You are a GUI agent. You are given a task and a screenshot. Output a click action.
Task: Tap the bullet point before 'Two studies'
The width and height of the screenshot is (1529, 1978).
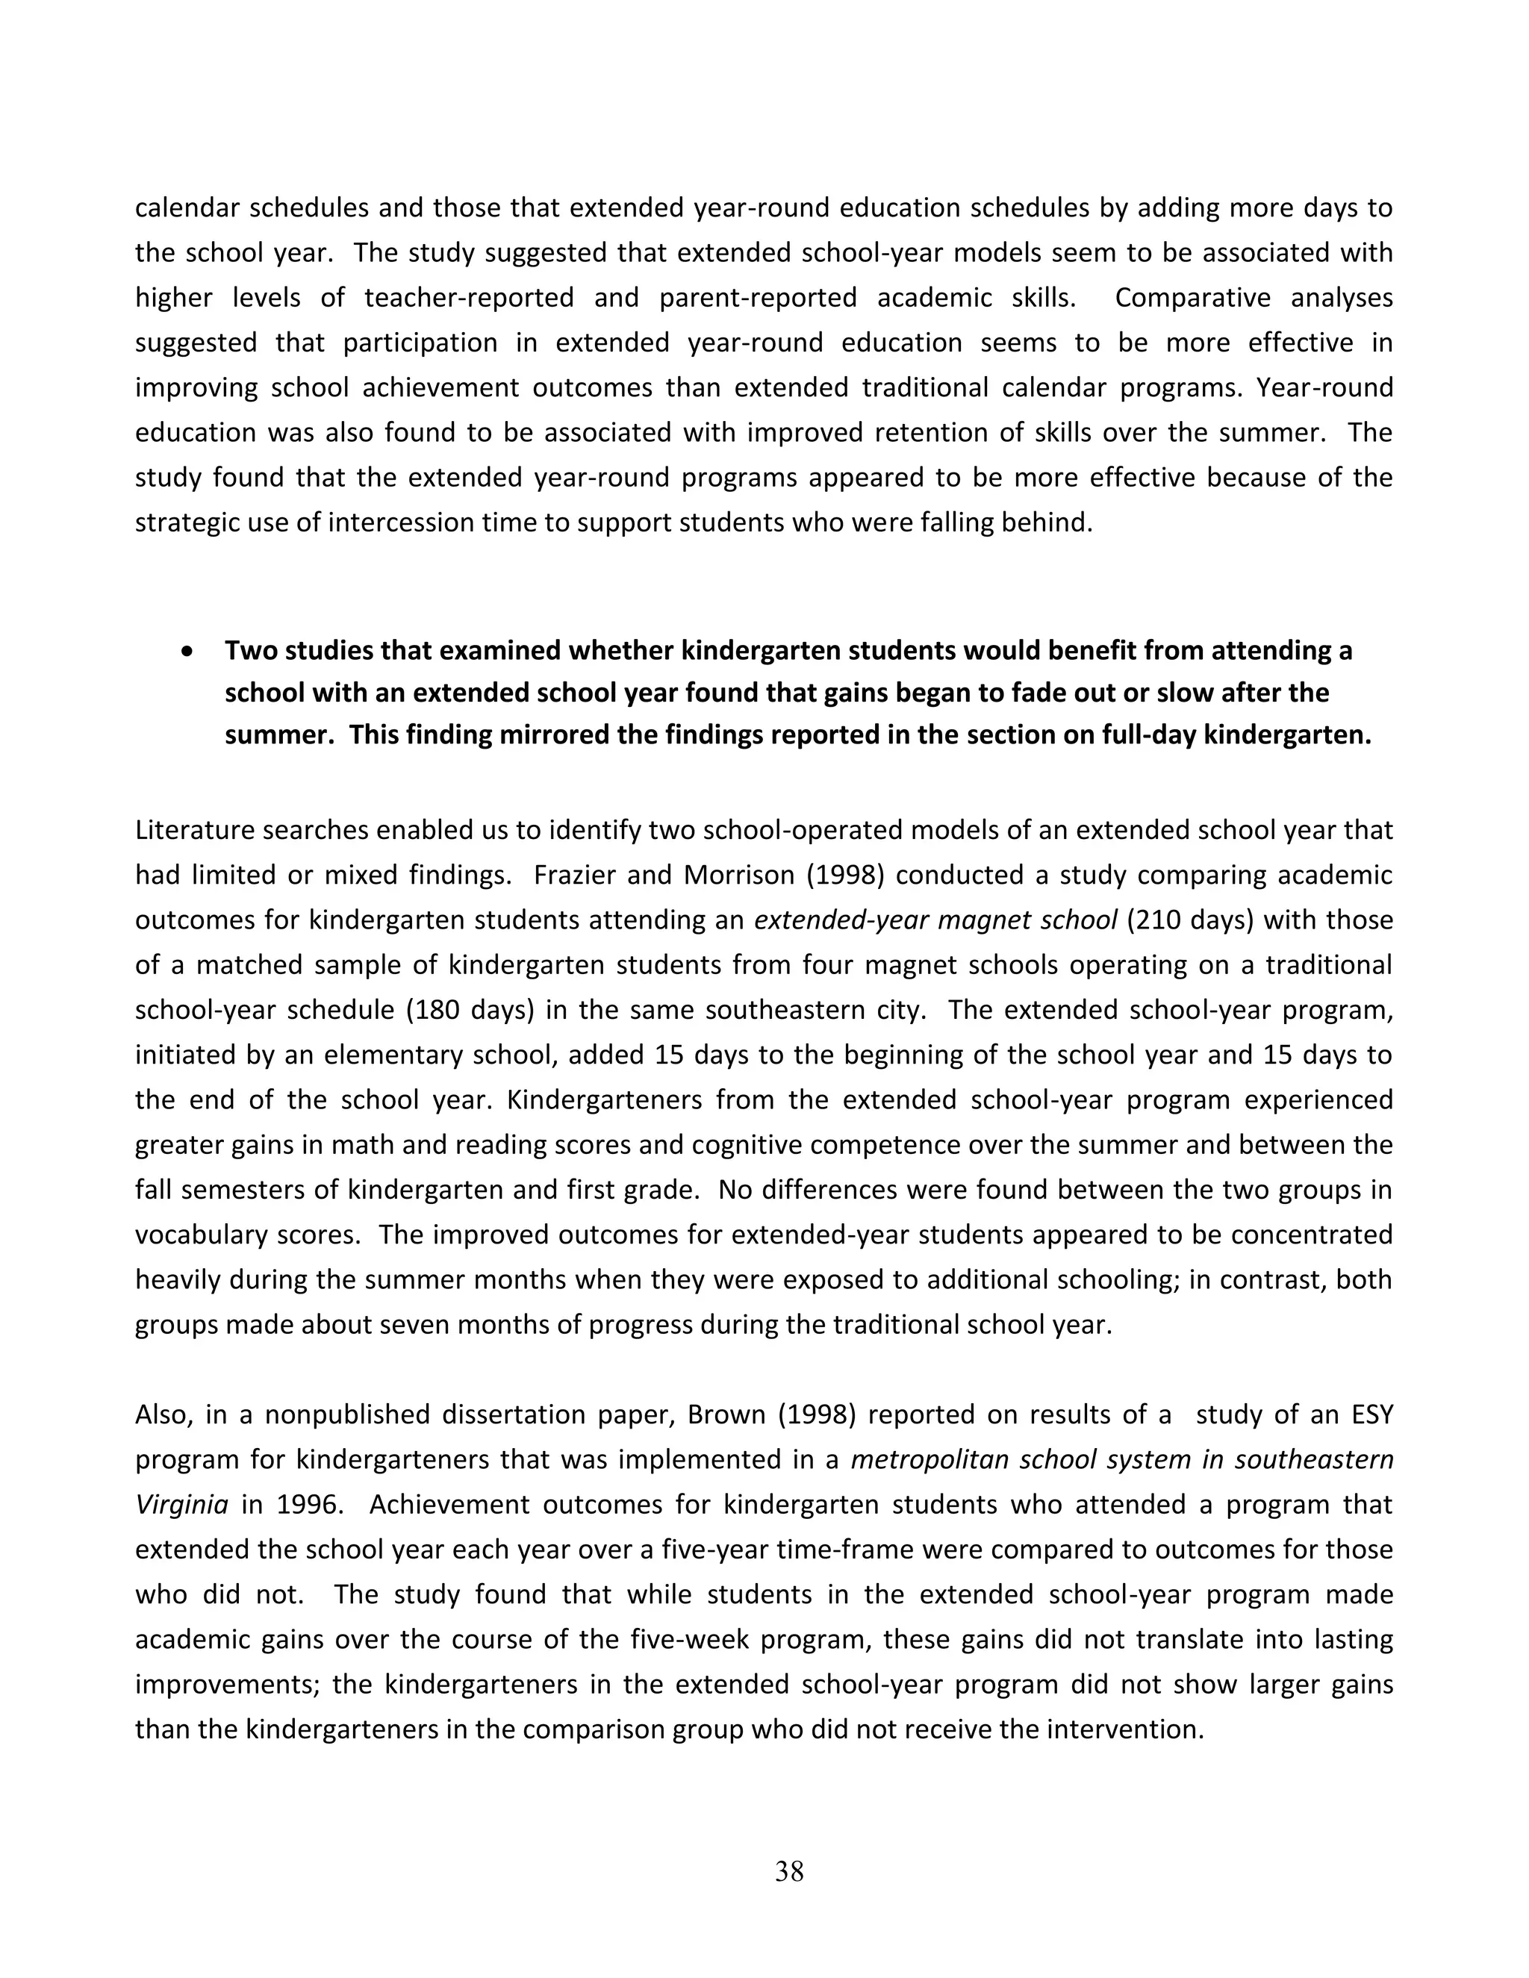pos(187,651)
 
